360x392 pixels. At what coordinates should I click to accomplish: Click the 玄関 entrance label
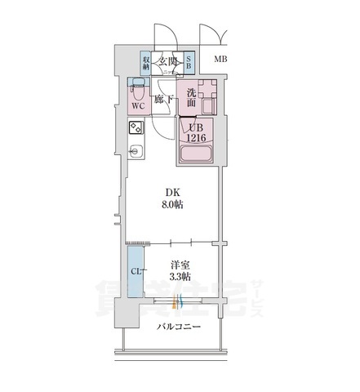[x=170, y=60]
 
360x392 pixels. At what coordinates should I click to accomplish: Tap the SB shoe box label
[x=189, y=62]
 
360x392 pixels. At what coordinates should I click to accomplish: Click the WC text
[x=136, y=105]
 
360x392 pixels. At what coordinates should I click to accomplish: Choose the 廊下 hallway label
[x=163, y=99]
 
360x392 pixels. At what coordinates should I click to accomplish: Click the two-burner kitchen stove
[x=135, y=128]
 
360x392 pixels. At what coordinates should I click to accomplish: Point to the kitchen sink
[x=136, y=150]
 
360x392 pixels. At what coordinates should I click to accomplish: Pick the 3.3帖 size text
[x=180, y=277]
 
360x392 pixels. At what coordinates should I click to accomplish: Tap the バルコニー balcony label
[x=179, y=327]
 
